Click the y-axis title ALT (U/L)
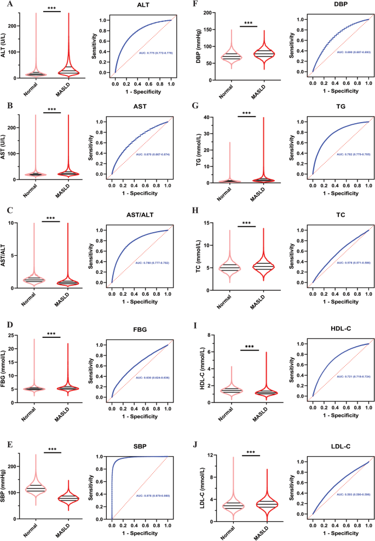[7, 43]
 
